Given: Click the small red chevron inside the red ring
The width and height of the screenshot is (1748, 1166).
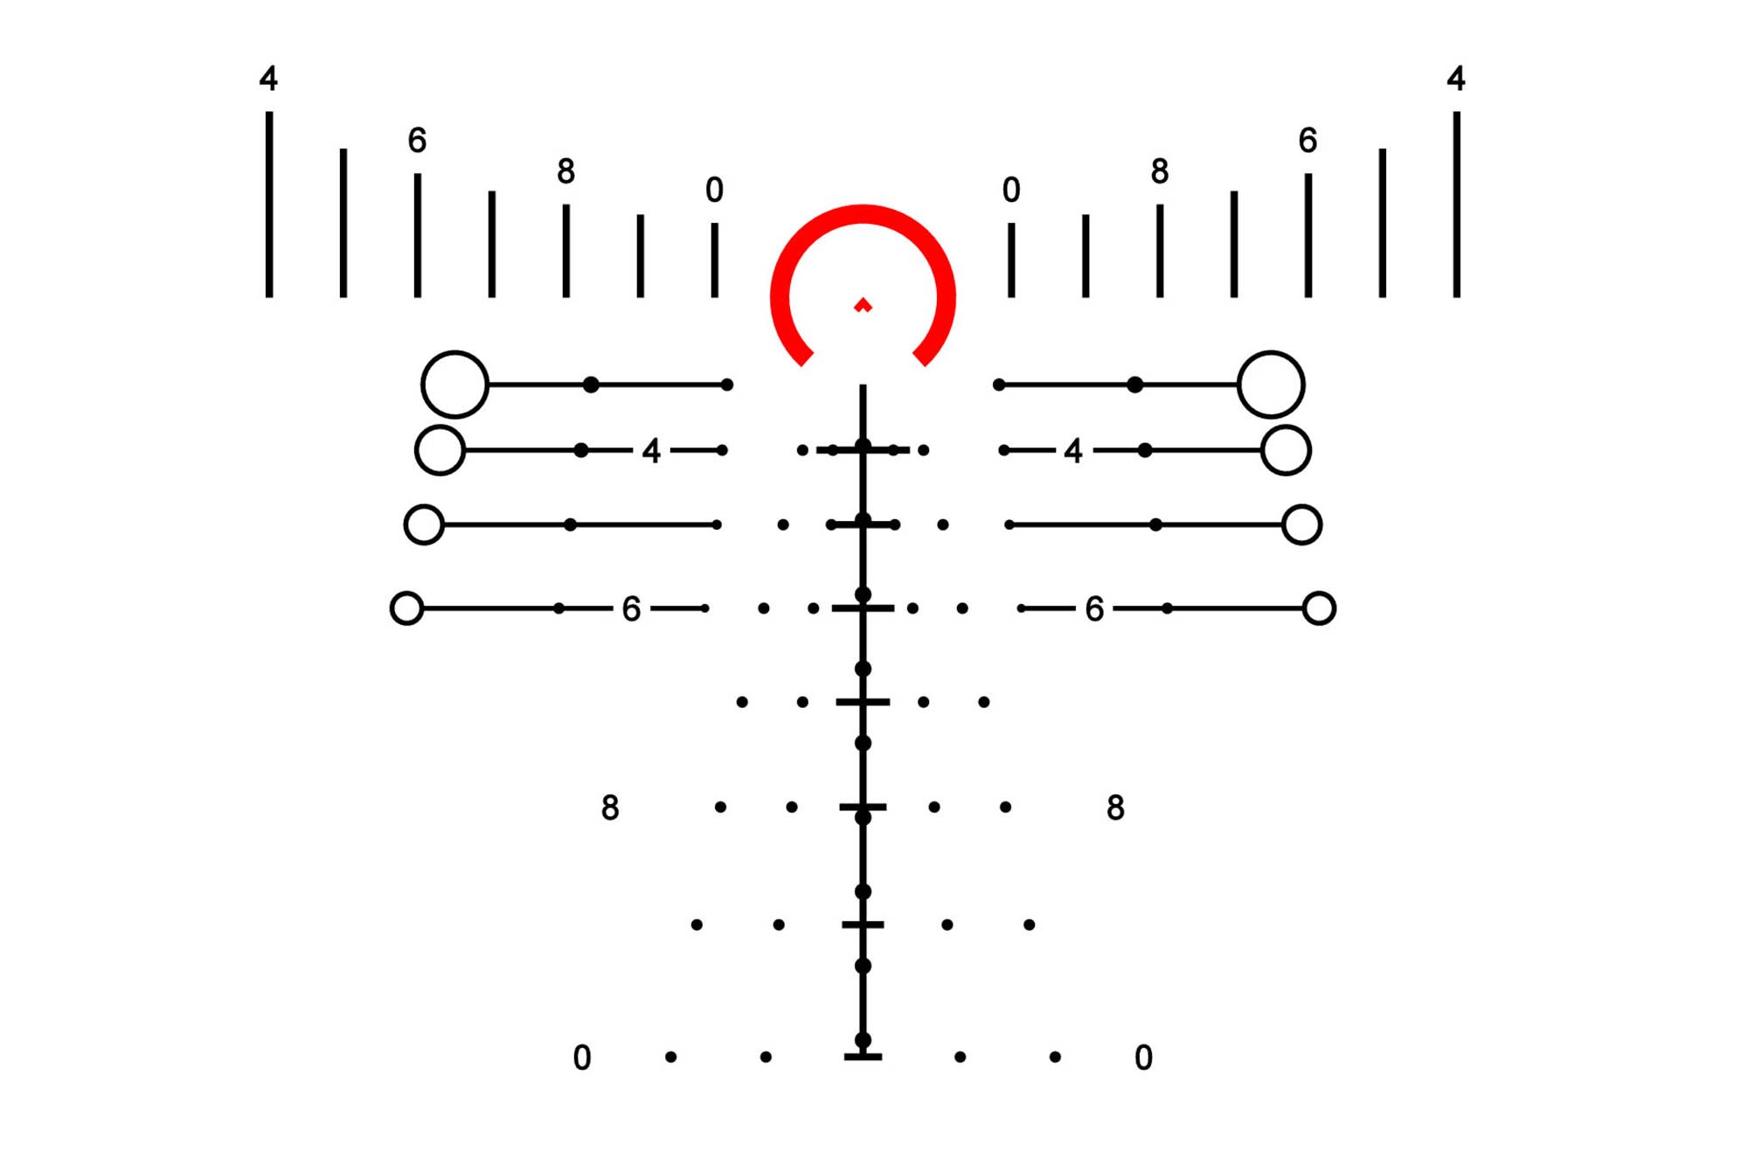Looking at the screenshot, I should point(863,305).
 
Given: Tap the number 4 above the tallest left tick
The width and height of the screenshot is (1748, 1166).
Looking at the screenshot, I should point(268,79).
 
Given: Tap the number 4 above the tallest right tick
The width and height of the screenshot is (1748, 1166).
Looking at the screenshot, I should point(1455,79).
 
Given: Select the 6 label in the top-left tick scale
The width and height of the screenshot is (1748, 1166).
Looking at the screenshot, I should point(417,140).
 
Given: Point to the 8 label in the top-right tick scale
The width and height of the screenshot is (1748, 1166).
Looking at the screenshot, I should point(1159,171).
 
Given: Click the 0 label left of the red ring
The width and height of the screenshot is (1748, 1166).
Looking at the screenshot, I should point(714,190).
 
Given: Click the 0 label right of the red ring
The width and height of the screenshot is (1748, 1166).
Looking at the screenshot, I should point(1011,190).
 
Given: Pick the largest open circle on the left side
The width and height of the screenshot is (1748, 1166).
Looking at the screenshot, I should point(454,385).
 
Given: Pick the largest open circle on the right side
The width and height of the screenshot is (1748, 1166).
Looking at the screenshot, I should point(1271,385).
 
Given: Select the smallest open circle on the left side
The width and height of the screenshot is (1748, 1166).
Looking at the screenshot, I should point(406,607).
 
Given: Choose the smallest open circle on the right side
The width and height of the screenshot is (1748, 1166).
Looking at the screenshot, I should point(1319,607).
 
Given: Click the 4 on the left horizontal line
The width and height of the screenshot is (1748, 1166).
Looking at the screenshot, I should point(651,451).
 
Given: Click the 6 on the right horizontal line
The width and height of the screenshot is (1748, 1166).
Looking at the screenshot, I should point(1094,608).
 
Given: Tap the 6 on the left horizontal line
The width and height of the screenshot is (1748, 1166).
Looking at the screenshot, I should point(631,608).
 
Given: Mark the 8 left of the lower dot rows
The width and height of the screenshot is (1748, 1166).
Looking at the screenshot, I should point(610,808).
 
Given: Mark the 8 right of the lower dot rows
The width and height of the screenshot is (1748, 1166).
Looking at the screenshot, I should point(1115,808).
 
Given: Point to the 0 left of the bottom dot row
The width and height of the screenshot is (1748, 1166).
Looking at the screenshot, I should point(582,1058).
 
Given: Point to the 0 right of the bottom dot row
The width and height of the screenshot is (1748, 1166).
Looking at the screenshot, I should point(1143,1058).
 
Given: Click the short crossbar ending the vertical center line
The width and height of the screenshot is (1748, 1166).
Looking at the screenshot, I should point(863,1057).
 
